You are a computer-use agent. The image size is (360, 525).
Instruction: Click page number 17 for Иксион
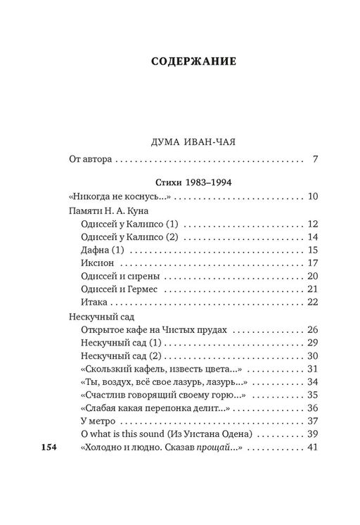(314, 263)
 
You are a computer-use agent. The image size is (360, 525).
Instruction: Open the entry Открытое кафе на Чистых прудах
(156, 329)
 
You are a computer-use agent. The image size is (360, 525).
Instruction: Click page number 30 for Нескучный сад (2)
(314, 356)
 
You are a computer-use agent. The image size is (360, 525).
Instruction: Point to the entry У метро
(97, 422)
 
